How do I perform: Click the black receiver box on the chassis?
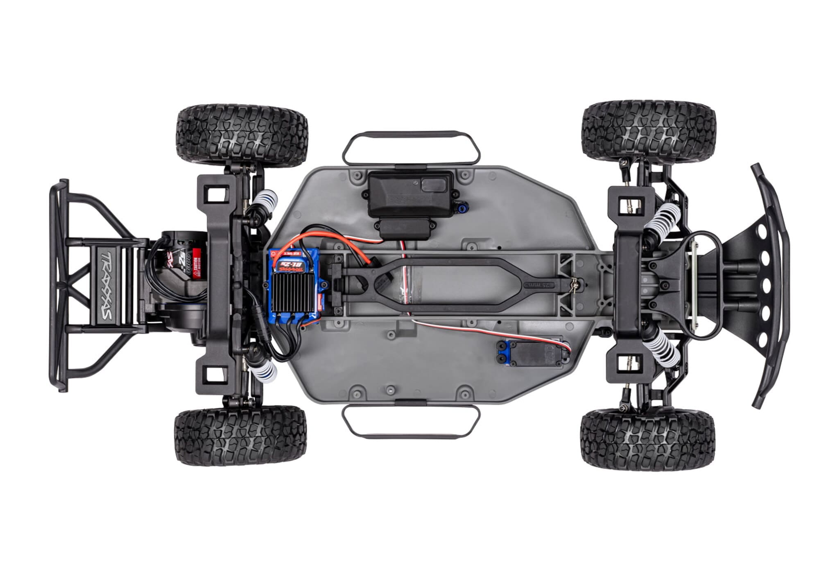tap(411, 194)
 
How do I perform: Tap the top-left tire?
tap(242, 135)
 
